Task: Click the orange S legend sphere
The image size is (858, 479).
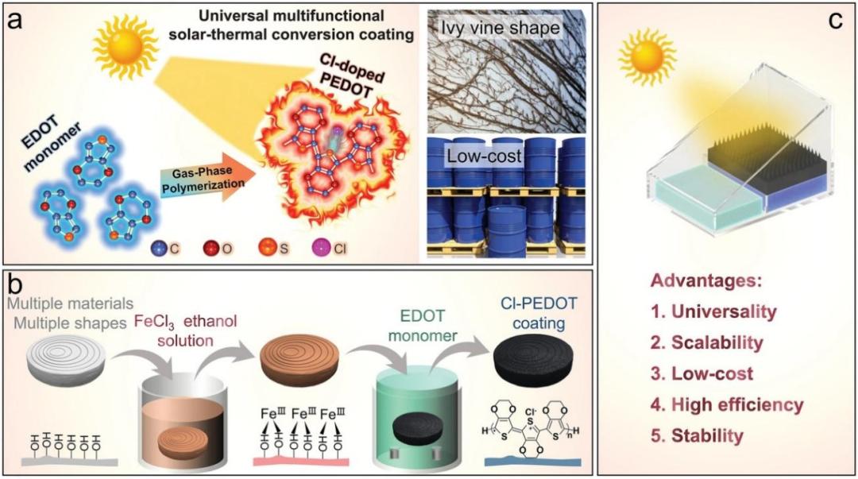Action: [x=267, y=248]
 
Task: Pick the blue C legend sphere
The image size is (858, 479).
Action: [x=159, y=249]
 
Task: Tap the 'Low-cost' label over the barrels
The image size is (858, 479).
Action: [x=484, y=156]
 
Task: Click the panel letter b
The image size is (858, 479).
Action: [x=15, y=284]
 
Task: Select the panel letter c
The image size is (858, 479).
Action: [x=834, y=20]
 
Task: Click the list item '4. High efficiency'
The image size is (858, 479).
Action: [x=727, y=405]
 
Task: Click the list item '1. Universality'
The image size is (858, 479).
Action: [x=713, y=311]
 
